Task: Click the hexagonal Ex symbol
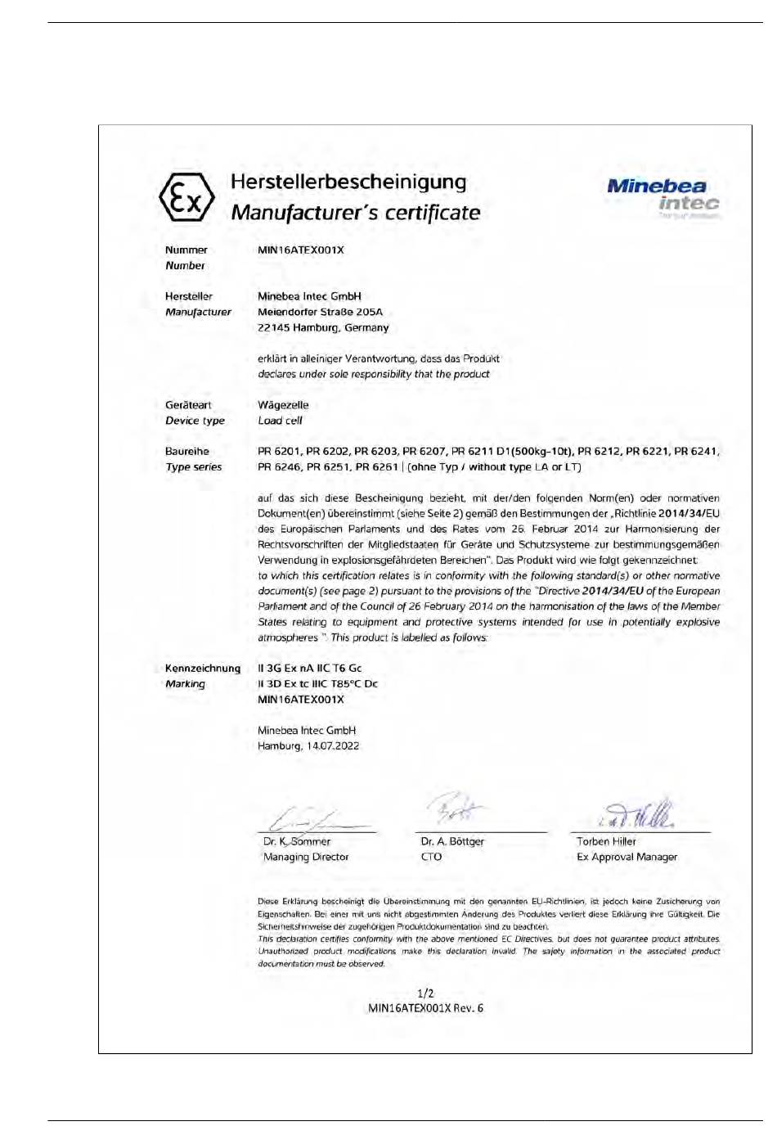point(186,197)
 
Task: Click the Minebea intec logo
point(663,196)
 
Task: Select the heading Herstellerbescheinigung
point(348,182)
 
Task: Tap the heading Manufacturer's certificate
point(355,213)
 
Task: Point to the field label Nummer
point(186,250)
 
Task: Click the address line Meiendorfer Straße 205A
point(320,312)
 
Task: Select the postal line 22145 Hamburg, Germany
point(323,327)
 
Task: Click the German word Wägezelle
point(283,405)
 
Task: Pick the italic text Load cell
point(280,421)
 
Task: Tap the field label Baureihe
point(186,451)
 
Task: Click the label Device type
point(195,421)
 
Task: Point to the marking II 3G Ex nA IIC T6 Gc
point(309,668)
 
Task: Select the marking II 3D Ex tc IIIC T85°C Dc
point(317,683)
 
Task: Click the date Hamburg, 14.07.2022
point(308,745)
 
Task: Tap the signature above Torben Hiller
point(640,813)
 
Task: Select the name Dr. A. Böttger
point(452,841)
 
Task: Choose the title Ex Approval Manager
point(627,857)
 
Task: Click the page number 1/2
point(425,993)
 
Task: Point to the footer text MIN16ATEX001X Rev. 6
point(425,1008)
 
